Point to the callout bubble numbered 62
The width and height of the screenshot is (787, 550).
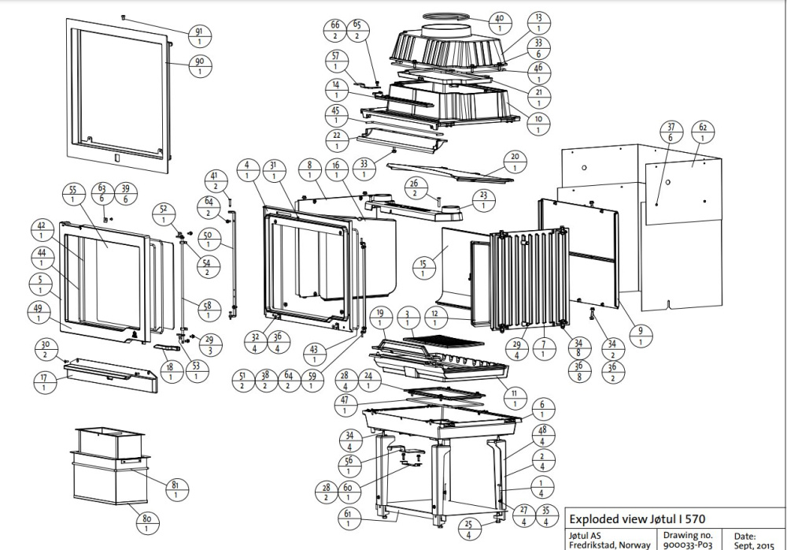(x=703, y=132)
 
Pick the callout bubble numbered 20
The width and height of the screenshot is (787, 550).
(x=515, y=161)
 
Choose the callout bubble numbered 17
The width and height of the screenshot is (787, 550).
(x=44, y=381)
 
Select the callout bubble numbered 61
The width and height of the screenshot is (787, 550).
(x=347, y=518)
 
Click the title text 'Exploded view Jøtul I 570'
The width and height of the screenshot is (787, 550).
(x=637, y=519)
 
